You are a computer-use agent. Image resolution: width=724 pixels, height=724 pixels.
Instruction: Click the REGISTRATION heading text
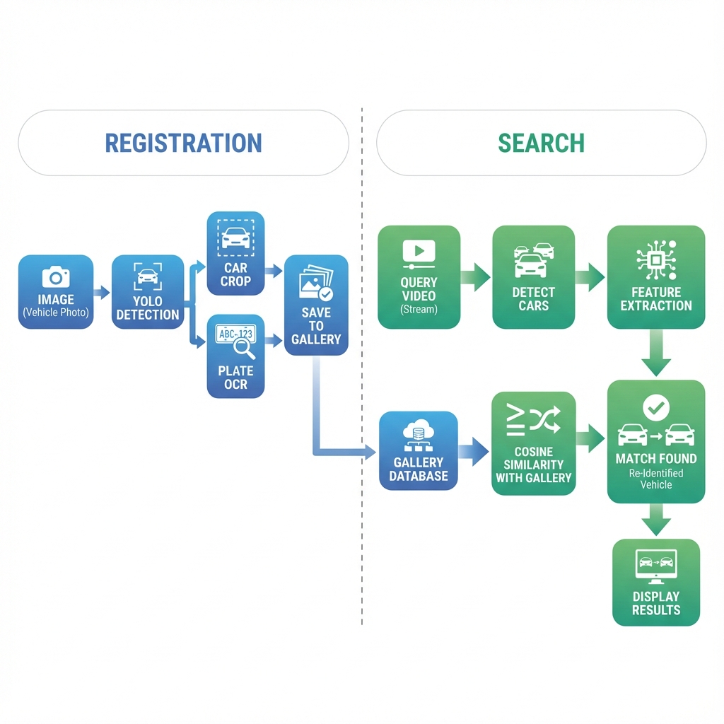point(183,143)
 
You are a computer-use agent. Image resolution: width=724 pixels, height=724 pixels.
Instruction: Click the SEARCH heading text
point(541,143)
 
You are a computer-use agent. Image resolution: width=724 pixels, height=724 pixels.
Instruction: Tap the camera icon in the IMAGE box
point(56,276)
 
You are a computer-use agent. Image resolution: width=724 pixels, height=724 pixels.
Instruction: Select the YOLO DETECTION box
point(148,292)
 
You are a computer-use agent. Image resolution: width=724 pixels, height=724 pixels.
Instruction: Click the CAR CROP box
point(235,253)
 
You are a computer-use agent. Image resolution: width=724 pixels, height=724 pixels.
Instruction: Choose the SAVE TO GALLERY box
point(316,305)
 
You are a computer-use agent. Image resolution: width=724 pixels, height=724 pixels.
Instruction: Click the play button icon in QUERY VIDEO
point(419,251)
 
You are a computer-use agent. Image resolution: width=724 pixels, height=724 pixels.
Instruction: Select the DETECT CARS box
point(534,277)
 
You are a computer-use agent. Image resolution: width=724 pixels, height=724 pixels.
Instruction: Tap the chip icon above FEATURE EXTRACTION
point(656,260)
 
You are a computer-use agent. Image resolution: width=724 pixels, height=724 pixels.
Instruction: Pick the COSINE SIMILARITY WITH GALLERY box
point(534,443)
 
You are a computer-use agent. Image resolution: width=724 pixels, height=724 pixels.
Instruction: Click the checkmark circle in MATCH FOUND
point(656,408)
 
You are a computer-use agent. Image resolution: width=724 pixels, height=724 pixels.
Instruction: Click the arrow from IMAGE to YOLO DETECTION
point(102,292)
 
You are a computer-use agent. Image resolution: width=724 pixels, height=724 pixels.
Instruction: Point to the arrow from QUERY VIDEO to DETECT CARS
point(476,277)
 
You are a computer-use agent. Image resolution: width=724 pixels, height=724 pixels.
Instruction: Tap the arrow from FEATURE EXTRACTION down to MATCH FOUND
point(656,353)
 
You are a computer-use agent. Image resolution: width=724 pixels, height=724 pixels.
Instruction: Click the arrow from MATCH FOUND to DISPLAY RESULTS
point(656,520)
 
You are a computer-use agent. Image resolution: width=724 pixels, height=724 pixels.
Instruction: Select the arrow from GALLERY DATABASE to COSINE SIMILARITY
point(474,451)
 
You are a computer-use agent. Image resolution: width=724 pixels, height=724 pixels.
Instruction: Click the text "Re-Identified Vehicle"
point(656,479)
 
